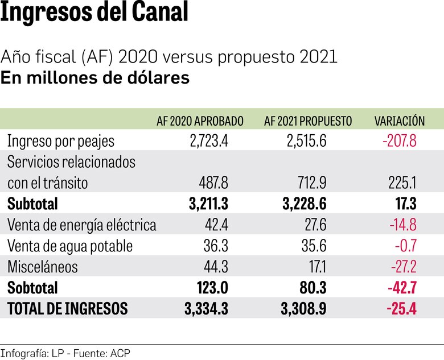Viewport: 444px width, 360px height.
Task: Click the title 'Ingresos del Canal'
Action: coord(94,14)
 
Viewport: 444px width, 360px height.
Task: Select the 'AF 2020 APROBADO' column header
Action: coord(200,121)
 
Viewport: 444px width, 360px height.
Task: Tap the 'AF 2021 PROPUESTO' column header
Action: coord(308,121)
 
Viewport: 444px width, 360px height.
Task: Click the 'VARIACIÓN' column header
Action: coord(399,121)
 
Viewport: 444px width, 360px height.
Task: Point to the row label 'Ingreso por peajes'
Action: coord(61,141)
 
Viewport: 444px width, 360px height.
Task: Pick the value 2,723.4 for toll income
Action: coord(209,141)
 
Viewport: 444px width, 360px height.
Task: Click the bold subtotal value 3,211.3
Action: coord(207,204)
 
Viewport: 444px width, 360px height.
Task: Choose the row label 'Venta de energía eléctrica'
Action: coord(81,225)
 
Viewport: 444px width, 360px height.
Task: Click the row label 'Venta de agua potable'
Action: coord(70,246)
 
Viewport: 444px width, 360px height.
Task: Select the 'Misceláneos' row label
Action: coord(43,267)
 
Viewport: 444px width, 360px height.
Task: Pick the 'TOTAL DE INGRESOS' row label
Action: coord(67,308)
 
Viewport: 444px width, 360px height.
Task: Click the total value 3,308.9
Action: coord(303,308)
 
